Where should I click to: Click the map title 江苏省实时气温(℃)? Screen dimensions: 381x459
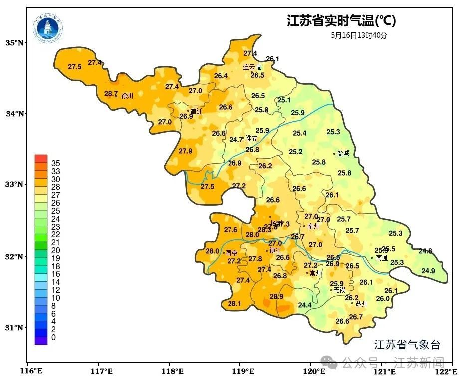(x=341, y=21)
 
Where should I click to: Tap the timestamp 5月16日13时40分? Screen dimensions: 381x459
(x=359, y=35)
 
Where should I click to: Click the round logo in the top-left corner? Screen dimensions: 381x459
(x=48, y=28)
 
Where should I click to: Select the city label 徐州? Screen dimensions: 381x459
(x=127, y=96)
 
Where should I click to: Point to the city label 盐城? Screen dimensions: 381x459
(x=343, y=154)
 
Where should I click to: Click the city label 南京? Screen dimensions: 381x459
(x=231, y=253)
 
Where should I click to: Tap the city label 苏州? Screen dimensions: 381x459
(x=361, y=304)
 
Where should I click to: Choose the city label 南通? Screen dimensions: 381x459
(x=382, y=258)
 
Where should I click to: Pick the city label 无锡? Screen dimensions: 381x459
(x=339, y=290)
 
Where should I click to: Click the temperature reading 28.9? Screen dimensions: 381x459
(x=276, y=296)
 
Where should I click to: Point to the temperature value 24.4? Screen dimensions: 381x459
(x=305, y=305)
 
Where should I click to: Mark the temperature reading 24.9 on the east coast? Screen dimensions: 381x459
(x=428, y=271)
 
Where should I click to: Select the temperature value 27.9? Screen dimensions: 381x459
(x=185, y=151)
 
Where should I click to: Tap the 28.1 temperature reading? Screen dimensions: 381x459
(x=234, y=303)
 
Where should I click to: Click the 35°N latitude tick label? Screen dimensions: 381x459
(x=15, y=43)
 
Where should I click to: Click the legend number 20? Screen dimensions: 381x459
(x=56, y=250)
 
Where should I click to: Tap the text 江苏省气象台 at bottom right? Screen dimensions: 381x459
(x=407, y=344)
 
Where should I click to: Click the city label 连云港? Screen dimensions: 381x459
(x=252, y=67)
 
